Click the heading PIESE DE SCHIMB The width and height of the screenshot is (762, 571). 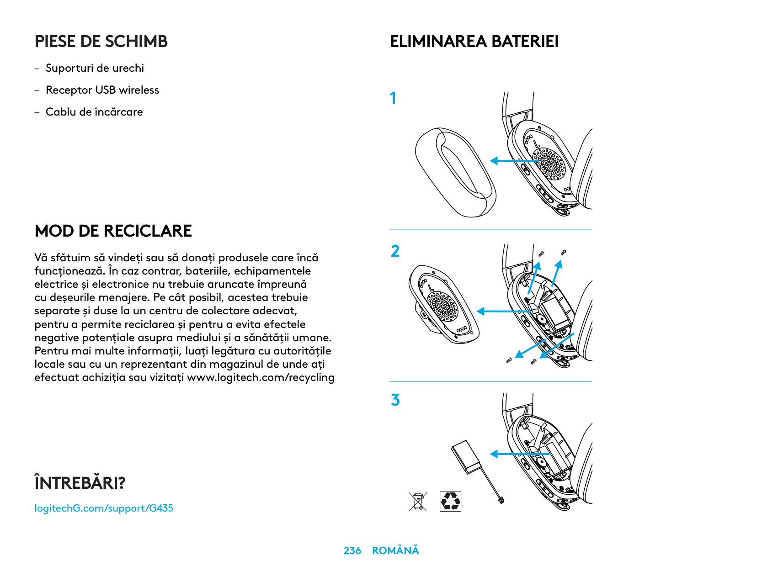point(101,42)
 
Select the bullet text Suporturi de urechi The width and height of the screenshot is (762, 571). point(95,68)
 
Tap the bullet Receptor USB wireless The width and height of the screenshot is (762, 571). point(102,90)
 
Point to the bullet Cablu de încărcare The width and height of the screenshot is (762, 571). point(94,112)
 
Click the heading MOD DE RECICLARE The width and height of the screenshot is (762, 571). point(113,231)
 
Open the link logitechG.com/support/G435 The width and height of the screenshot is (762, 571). point(104,508)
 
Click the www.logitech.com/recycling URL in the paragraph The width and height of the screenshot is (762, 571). point(261,378)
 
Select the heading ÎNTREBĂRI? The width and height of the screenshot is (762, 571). point(80,483)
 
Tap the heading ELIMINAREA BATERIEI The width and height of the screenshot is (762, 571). point(474,42)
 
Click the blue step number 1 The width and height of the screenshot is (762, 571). point(393,98)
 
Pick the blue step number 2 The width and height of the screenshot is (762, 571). point(395,251)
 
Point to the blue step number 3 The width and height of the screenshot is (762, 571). point(395,400)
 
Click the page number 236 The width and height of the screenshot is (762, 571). point(352,551)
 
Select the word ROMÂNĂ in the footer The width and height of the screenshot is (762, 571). point(395,551)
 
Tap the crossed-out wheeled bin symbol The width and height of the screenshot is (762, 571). point(418,501)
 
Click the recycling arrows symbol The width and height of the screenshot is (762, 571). point(450,501)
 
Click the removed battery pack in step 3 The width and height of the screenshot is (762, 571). point(467,457)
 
